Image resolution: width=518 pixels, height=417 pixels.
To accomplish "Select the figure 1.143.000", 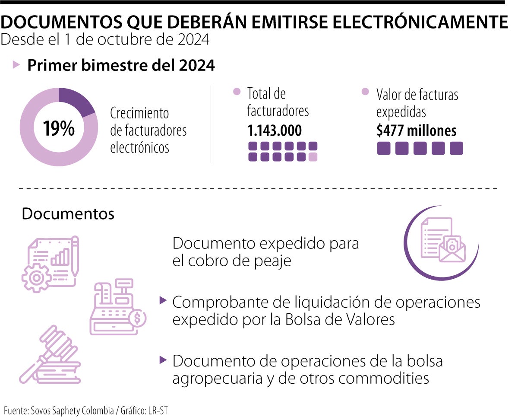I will coord(274,131).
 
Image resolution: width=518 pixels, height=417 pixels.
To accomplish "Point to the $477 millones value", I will coord(416,131).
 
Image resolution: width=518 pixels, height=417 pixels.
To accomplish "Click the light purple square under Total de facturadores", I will coord(313,157).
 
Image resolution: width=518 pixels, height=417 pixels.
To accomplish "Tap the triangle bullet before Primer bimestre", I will coord(16,65).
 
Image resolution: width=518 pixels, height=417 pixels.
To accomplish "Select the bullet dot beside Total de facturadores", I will coord(237,92).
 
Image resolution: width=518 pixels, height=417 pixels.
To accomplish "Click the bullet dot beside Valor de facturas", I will coord(365,92).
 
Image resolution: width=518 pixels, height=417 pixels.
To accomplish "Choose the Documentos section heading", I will coord(68,214).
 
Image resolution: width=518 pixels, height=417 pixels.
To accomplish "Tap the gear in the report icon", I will coord(36,277).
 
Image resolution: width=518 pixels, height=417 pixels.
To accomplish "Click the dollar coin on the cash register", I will coord(138,318).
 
